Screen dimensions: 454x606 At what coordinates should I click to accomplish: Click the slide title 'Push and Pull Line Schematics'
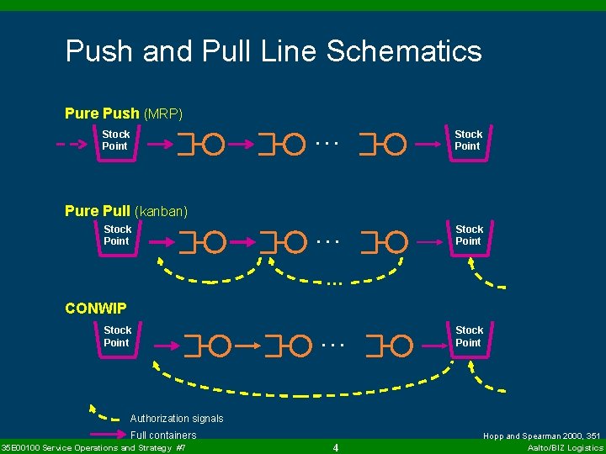(x=274, y=51)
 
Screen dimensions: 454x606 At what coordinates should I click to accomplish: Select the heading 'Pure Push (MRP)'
(x=124, y=113)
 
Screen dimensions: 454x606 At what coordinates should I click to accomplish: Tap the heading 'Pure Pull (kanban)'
(x=126, y=211)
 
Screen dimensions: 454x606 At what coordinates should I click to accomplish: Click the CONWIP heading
(x=96, y=308)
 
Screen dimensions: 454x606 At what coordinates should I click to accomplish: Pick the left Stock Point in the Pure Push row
(x=116, y=140)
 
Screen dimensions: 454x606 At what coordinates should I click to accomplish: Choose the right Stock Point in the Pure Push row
(x=469, y=140)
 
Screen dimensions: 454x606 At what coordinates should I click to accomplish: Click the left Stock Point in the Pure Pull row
(x=118, y=235)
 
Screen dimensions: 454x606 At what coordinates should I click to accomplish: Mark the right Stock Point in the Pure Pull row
(x=470, y=235)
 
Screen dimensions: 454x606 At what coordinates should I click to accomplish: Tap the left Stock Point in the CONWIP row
(x=118, y=336)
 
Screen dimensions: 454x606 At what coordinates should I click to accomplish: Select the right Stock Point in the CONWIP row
(x=470, y=336)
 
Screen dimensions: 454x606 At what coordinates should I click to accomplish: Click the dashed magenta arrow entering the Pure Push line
(x=72, y=144)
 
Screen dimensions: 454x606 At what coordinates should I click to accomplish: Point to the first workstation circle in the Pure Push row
(x=214, y=145)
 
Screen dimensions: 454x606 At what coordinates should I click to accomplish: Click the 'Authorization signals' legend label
(x=177, y=419)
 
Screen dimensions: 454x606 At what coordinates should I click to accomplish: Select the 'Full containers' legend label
(x=163, y=436)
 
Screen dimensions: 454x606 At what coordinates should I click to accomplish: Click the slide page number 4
(x=335, y=447)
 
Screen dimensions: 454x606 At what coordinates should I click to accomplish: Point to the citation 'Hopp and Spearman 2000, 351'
(x=542, y=436)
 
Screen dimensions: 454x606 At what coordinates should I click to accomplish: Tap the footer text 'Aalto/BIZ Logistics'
(x=566, y=448)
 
